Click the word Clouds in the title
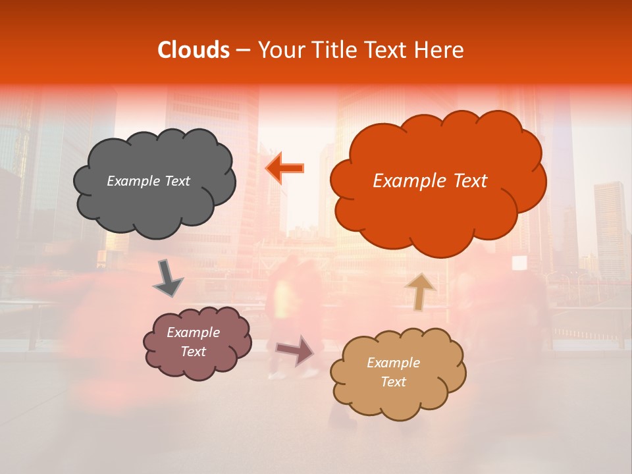coord(194,50)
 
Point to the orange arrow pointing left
coord(286,169)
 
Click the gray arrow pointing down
coord(168,278)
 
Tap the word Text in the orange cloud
coord(465,181)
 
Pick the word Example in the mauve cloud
coord(193,332)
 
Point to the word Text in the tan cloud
coord(393,382)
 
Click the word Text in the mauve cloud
coord(193,352)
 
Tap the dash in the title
coord(243,50)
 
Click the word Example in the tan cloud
coord(393,363)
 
